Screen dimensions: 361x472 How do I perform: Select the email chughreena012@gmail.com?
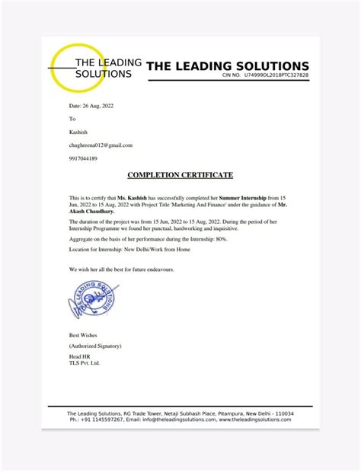[x=101, y=145]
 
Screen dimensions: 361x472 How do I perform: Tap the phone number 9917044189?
[x=83, y=158]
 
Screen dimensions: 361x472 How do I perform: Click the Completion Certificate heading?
[x=180, y=175]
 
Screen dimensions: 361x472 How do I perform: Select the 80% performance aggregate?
[x=219, y=238]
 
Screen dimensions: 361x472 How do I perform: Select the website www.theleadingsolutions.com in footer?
[x=260, y=419]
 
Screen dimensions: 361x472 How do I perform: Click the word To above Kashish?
[x=72, y=120]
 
